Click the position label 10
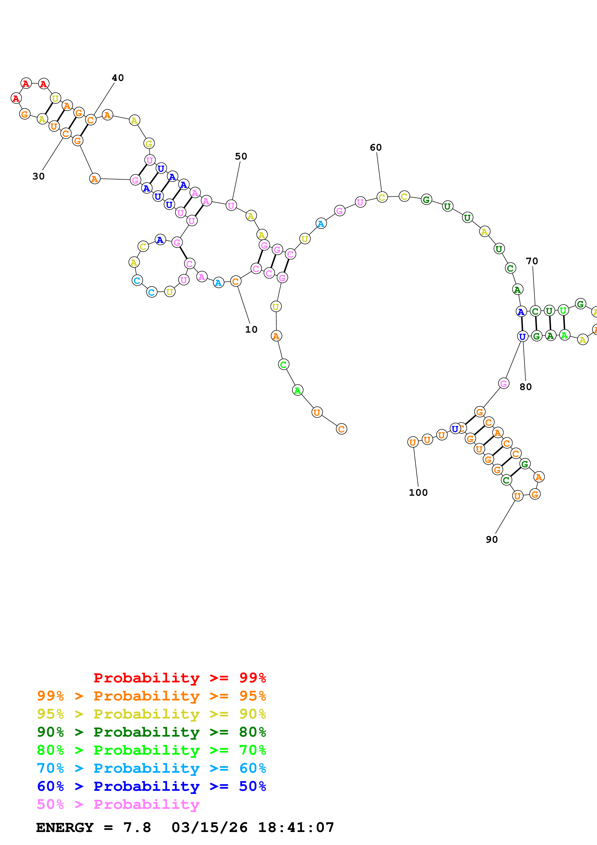click(251, 329)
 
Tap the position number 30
click(38, 176)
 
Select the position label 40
click(118, 78)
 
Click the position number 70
click(532, 261)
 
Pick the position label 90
click(492, 540)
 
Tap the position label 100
click(418, 492)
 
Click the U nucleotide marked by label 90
click(518, 496)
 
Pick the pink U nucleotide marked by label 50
click(231, 205)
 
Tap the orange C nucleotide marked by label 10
click(236, 282)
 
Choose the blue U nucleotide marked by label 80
click(522, 336)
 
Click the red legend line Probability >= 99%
click(179, 678)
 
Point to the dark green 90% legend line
click(151, 732)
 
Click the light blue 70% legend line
click(151, 768)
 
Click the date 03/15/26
click(209, 827)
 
